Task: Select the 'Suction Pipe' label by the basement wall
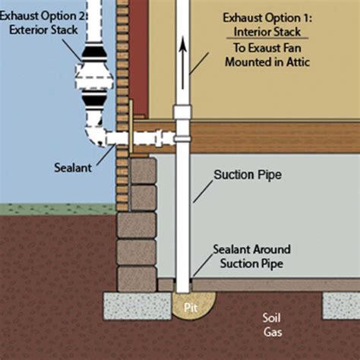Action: point(247,175)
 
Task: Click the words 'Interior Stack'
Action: point(260,33)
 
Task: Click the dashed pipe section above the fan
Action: point(97,27)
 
